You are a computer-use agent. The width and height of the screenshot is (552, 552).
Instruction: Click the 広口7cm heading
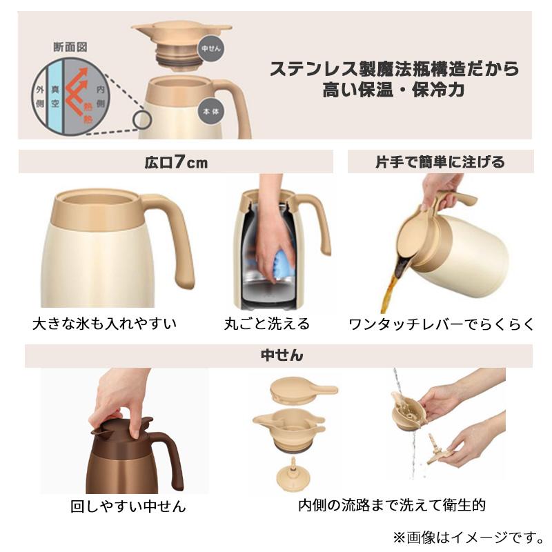coord(176,162)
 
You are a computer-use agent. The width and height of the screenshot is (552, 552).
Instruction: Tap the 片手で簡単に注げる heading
coord(440,162)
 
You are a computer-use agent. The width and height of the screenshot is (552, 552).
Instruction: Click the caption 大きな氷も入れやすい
coord(104,324)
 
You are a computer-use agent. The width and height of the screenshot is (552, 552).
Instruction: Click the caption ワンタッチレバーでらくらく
coord(442,324)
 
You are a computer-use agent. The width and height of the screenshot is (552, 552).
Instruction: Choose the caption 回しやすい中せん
coord(128,506)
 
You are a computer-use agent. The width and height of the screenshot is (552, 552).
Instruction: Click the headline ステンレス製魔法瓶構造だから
coord(393,69)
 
